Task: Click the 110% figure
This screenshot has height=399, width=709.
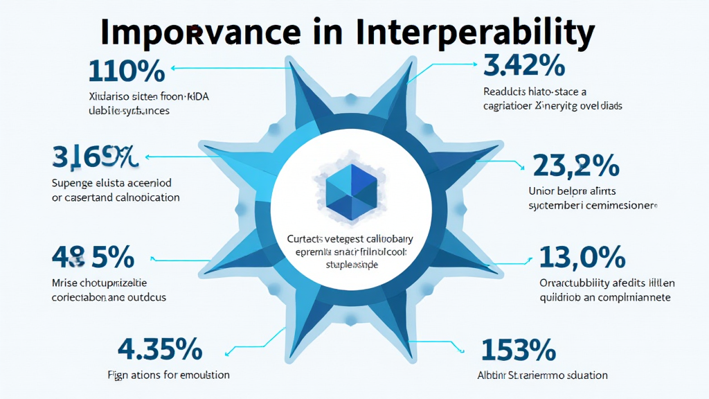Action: point(127,71)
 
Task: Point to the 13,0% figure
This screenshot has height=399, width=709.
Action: point(582,259)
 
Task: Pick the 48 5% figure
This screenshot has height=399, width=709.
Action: point(93,258)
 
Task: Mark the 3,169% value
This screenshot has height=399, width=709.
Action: point(95,158)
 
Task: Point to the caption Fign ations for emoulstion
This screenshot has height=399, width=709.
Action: point(168,375)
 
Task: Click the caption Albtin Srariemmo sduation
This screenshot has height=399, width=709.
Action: point(542,375)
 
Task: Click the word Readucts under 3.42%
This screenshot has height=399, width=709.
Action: point(506,91)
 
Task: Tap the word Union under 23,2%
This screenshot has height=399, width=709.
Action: point(542,190)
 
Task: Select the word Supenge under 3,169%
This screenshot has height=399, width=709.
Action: point(72,183)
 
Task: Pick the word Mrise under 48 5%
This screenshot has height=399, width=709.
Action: point(65,283)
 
